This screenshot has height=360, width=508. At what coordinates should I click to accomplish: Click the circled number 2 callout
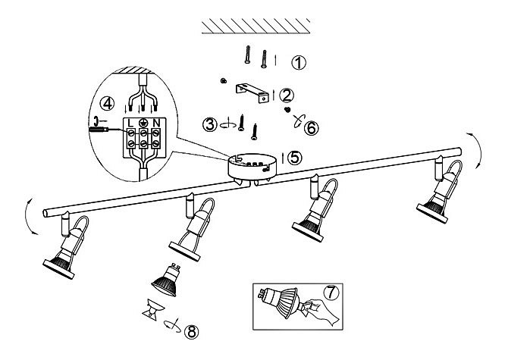click(x=287, y=95)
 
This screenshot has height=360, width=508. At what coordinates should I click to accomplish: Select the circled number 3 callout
click(x=209, y=124)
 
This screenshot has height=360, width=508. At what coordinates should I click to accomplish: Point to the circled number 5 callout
click(x=294, y=157)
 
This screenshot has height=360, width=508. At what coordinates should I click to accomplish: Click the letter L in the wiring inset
click(x=130, y=123)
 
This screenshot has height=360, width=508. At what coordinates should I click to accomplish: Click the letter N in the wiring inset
click(x=155, y=123)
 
